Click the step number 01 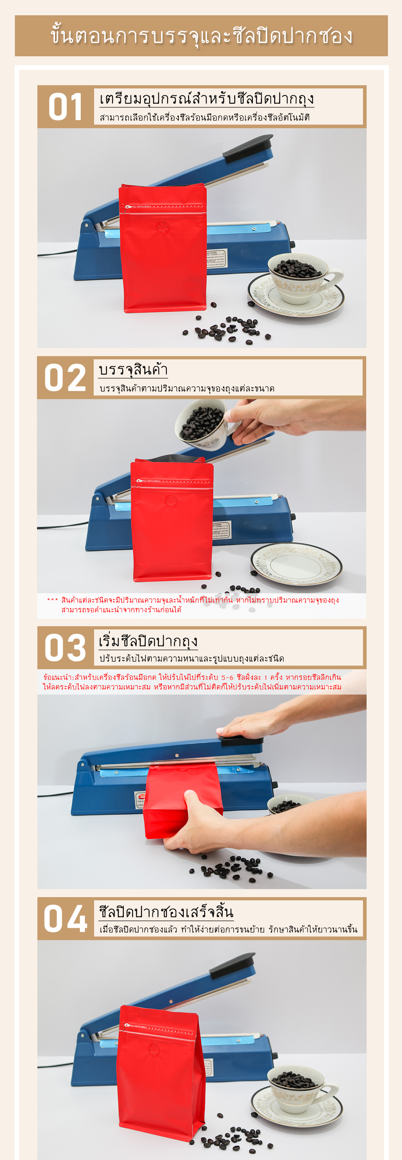click(65, 107)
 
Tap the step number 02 click(65, 377)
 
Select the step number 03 click(65, 648)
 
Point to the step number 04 click(65, 918)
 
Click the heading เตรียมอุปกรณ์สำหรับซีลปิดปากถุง click(206, 98)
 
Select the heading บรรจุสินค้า click(133, 370)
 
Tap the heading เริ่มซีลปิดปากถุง click(148, 640)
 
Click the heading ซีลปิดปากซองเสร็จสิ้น click(166, 912)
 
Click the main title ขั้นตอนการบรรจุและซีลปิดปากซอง click(201, 36)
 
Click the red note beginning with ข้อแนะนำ click(192, 682)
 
